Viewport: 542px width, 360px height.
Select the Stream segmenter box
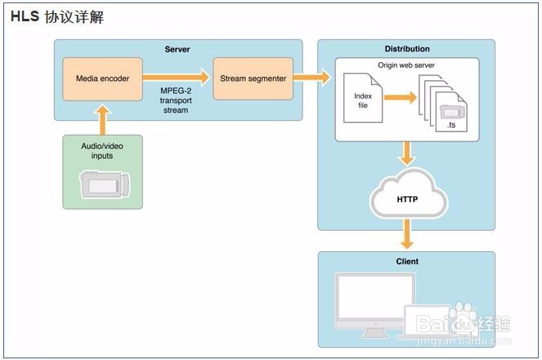tap(253, 78)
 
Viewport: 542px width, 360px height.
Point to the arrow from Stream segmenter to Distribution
tap(311, 78)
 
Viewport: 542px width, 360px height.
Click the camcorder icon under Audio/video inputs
tap(102, 185)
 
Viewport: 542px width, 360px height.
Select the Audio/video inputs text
tap(102, 151)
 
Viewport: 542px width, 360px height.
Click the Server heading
tap(177, 49)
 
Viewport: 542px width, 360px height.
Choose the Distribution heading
tap(407, 49)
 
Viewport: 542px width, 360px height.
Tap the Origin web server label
tap(406, 64)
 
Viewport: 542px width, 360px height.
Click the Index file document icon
tap(362, 97)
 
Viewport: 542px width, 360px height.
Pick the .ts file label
tap(450, 125)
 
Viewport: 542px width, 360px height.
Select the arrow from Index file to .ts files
tap(398, 98)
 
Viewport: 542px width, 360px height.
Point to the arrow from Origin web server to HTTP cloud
tap(406, 154)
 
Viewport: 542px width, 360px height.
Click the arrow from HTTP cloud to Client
tap(406, 236)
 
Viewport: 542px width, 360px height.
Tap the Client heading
tap(406, 262)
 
